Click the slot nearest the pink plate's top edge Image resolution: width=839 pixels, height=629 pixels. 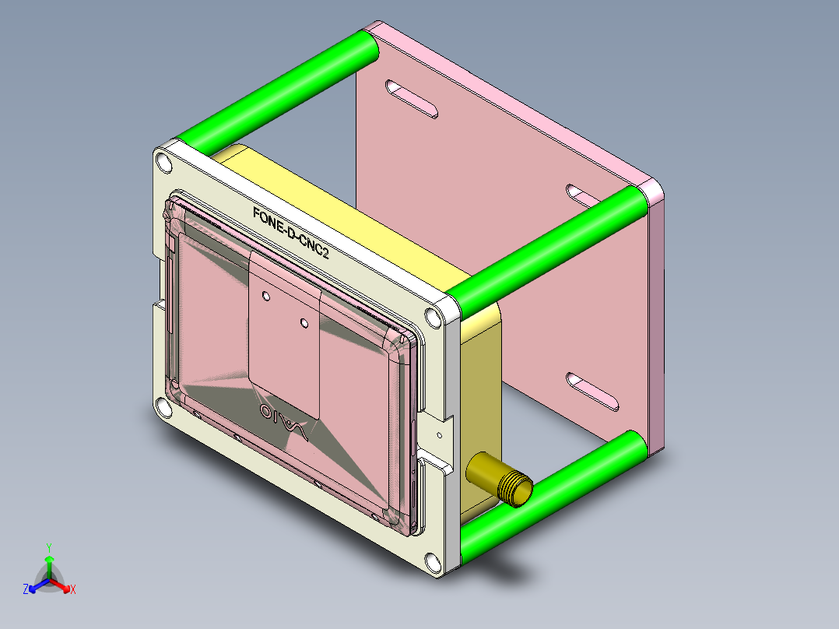tap(412, 99)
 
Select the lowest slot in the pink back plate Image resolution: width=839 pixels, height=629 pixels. tap(594, 392)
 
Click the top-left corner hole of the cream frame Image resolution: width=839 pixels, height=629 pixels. tap(163, 163)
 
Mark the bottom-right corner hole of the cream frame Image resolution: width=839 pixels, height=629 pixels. tap(431, 560)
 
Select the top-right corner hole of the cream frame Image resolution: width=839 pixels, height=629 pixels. tap(431, 317)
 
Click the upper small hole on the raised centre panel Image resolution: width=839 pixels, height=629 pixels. tap(266, 296)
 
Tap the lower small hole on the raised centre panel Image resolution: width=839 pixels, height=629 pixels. tap(304, 321)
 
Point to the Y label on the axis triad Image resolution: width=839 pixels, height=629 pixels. tap(48, 546)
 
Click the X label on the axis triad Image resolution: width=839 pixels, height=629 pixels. tap(72, 589)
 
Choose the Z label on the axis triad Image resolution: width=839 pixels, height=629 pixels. tap(26, 589)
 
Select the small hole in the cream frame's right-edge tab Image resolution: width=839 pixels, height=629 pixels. tap(441, 436)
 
